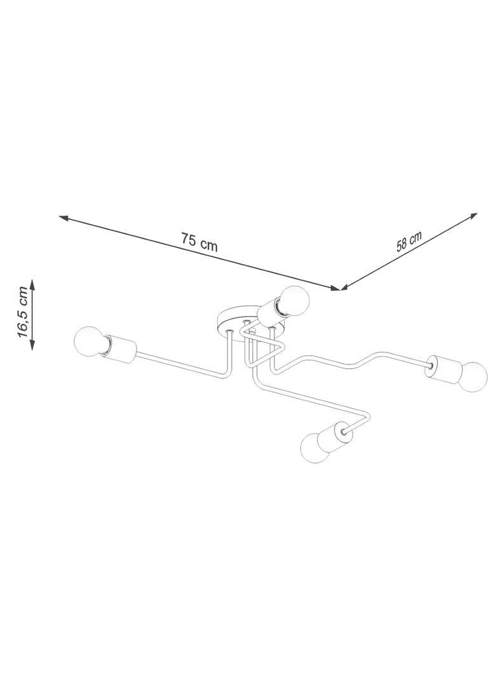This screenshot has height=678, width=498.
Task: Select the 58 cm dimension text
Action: [x=408, y=241]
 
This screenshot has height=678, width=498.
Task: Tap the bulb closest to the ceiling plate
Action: [x=293, y=301]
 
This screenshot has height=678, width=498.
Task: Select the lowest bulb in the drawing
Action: [x=316, y=448]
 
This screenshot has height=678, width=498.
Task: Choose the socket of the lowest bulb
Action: [x=333, y=436]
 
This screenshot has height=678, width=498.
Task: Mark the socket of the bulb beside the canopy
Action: [x=269, y=312]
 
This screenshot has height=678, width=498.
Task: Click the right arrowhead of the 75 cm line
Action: [x=335, y=288]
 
